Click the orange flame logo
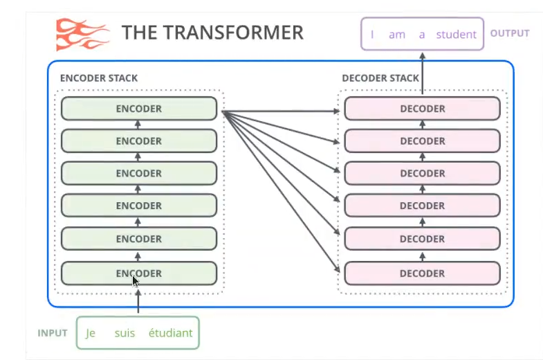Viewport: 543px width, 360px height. (x=82, y=35)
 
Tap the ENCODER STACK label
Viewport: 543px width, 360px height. (x=99, y=78)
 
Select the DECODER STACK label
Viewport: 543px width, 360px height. (x=380, y=78)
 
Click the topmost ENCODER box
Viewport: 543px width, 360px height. (x=139, y=109)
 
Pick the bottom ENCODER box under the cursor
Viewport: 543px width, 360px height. (x=139, y=273)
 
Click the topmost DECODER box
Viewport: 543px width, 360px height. (x=422, y=109)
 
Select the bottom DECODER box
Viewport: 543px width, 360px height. (x=422, y=273)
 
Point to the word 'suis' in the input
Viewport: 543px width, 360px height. (x=125, y=333)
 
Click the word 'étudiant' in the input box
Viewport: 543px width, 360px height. (x=170, y=333)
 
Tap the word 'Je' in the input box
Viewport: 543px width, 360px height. (x=91, y=333)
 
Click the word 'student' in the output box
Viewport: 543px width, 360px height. (x=456, y=35)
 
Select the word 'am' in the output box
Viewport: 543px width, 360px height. (x=397, y=35)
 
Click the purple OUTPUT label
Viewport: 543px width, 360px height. (x=510, y=33)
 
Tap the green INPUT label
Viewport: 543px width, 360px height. (x=53, y=333)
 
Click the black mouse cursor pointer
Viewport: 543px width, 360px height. (x=136, y=281)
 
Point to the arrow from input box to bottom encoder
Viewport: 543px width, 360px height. (x=138, y=301)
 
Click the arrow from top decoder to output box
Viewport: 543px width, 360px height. (x=422, y=73)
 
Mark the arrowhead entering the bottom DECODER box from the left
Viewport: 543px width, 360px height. (x=336, y=269)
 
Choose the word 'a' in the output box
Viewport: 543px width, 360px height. (x=422, y=35)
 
